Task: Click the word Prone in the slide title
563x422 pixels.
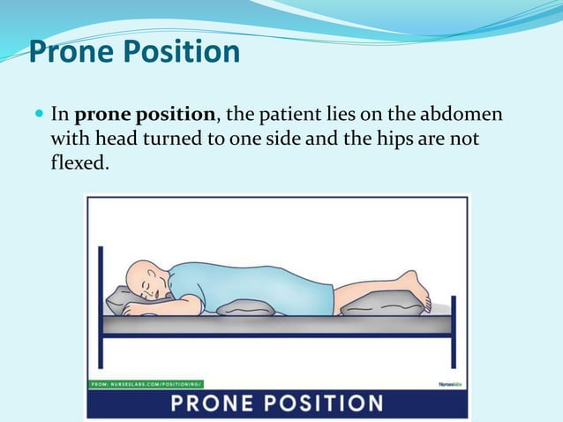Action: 71,52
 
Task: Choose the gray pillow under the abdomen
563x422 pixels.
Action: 245,308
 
